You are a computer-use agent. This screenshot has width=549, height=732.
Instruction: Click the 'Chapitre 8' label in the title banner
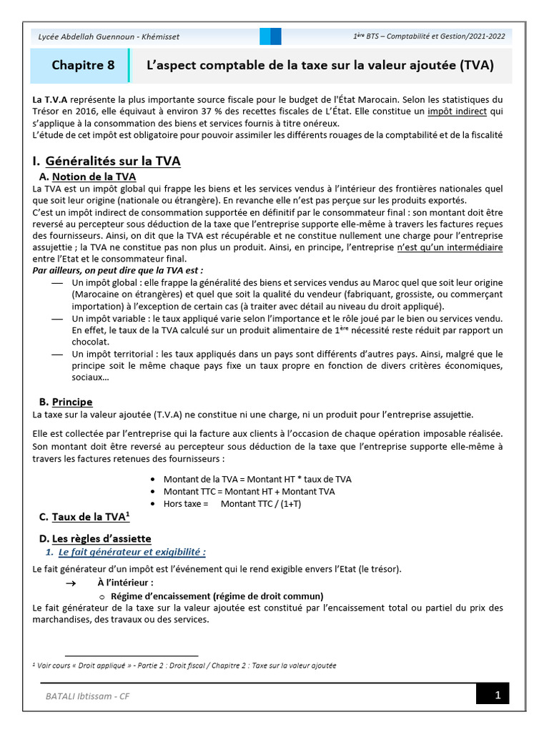(83, 66)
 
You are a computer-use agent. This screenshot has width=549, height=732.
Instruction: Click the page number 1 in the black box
(496, 696)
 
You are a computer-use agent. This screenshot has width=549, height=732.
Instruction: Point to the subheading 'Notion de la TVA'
(94, 177)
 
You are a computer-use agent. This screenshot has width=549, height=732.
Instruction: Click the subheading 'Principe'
(72, 402)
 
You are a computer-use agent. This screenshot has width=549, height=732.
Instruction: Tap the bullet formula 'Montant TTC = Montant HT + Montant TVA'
(249, 491)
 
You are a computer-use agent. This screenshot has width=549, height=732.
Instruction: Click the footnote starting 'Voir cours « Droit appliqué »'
(186, 665)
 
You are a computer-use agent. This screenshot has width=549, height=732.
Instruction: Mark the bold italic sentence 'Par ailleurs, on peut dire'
(118, 270)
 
